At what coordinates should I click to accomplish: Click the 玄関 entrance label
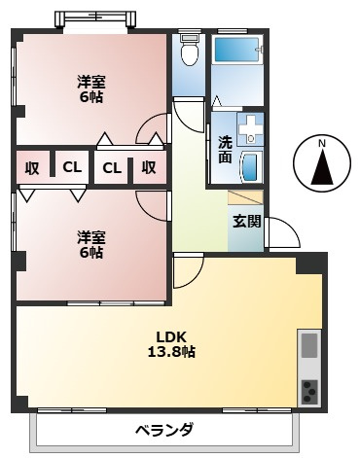(245, 220)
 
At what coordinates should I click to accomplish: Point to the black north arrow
(323, 169)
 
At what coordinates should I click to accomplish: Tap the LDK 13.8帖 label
(170, 344)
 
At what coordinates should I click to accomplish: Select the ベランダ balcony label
(163, 430)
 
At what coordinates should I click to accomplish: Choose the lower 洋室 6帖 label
(90, 244)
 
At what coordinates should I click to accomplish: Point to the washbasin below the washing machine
(250, 165)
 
